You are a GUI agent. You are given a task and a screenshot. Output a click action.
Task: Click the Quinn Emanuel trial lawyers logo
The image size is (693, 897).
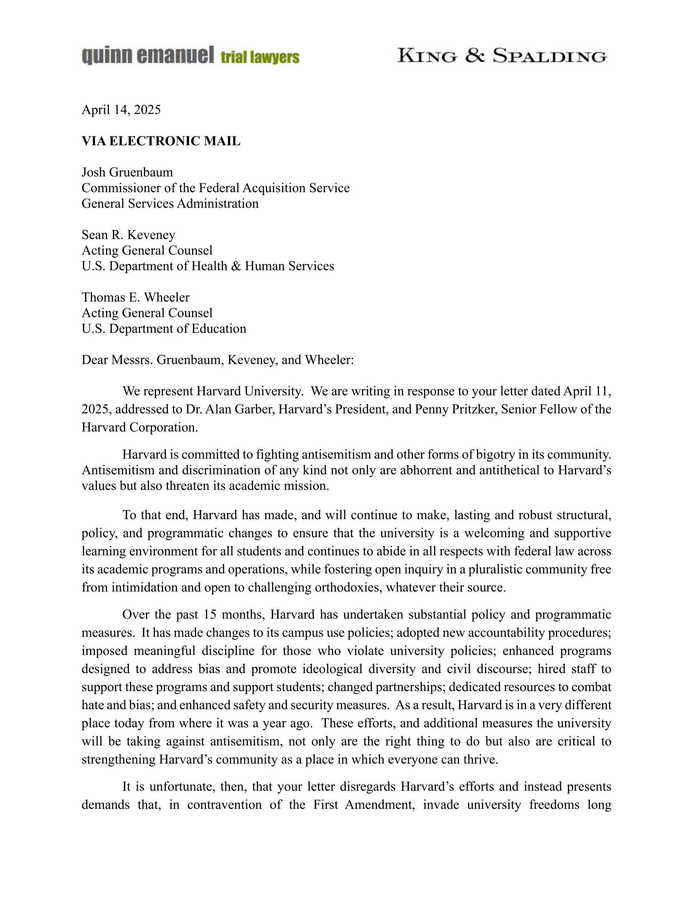[x=190, y=56]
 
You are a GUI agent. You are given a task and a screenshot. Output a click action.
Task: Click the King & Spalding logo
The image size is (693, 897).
[x=502, y=56]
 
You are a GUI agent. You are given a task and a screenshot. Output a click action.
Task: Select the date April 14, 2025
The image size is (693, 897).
[x=121, y=110]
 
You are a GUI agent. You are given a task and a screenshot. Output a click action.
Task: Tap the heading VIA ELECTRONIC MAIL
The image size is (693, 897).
[x=161, y=141]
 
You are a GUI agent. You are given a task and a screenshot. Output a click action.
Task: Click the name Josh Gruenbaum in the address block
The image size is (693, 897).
[x=127, y=172]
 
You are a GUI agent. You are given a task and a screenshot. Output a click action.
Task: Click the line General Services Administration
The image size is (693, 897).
[x=170, y=203]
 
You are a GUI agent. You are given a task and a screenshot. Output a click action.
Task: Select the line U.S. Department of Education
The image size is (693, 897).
[x=164, y=329]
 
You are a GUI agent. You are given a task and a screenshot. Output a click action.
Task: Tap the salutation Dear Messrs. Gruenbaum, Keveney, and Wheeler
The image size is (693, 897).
[x=218, y=360]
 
